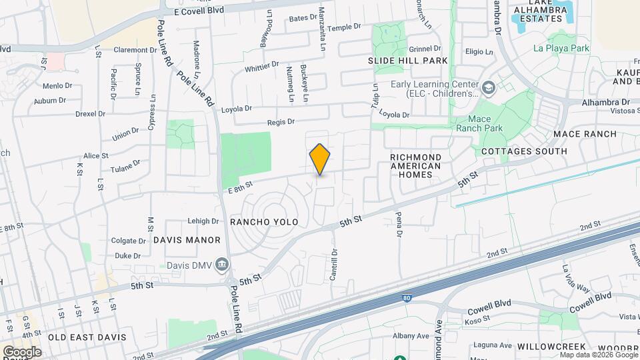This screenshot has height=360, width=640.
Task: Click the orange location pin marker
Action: pos(320,159)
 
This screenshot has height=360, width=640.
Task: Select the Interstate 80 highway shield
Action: pos(407,299)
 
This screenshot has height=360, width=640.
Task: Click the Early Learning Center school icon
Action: pos(489,87)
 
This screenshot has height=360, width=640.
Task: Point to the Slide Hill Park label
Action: pos(407,61)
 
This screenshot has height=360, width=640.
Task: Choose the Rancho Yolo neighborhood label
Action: pos(263,221)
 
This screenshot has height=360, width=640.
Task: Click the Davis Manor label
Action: pos(187,240)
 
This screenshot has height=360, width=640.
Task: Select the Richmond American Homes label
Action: pos(416,166)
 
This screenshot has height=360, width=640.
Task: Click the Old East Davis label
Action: pos(87,337)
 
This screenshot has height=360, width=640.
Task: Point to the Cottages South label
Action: pos(524,151)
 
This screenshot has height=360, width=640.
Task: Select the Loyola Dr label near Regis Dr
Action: pos(237,109)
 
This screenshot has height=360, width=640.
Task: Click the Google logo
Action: pos(22,352)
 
